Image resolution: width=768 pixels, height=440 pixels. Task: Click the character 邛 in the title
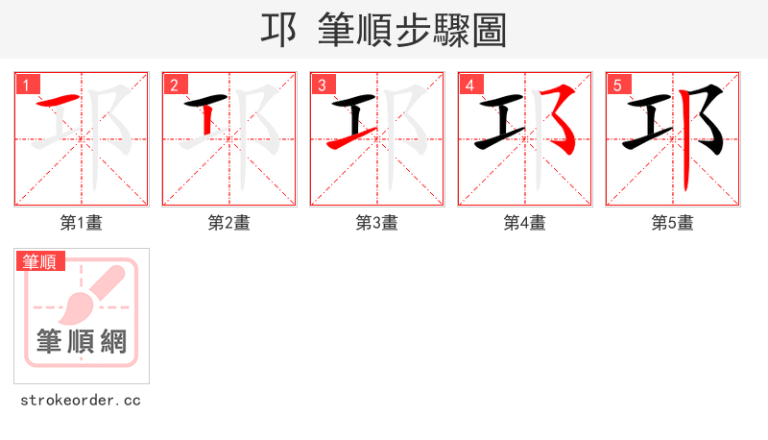point(278,31)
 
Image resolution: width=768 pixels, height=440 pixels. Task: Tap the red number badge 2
point(174,85)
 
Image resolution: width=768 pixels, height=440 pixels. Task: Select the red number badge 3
point(322,85)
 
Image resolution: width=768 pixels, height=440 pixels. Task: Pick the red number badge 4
point(469,85)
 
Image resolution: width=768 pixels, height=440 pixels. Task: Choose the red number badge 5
point(617,85)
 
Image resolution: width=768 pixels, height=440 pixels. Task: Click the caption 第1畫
point(81,223)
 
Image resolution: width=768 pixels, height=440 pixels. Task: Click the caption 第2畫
point(228,223)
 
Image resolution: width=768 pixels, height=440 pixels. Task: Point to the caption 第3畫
point(376,223)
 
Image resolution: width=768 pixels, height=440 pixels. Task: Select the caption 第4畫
point(524,223)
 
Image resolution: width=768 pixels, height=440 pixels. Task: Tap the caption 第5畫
point(672,223)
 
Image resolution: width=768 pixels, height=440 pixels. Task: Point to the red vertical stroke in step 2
point(206,121)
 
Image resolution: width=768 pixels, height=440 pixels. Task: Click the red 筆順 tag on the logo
point(40,261)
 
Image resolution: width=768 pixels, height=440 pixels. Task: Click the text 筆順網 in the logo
point(81,341)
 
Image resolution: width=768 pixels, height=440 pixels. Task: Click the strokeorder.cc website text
point(81,400)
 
